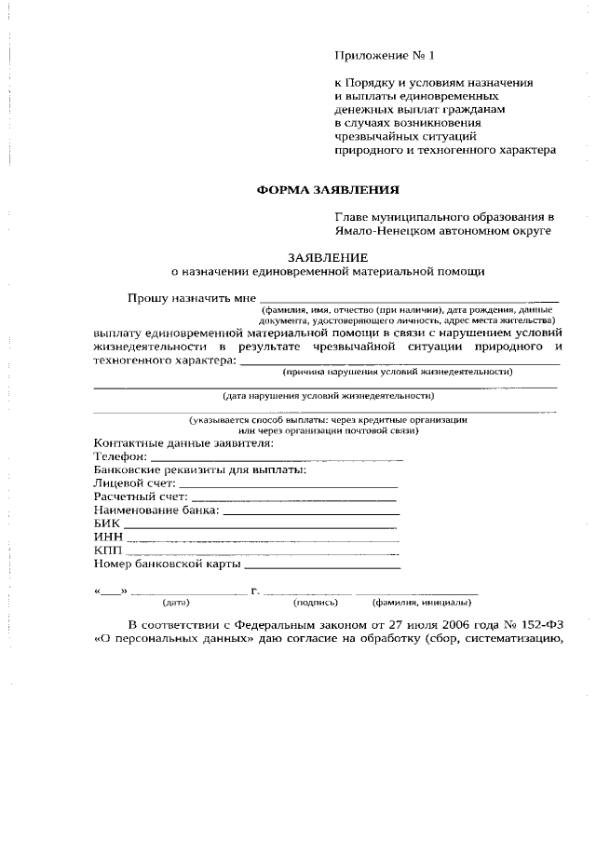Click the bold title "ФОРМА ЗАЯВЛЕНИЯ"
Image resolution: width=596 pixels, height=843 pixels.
(328, 190)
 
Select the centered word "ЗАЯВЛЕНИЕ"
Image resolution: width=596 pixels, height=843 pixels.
(327, 257)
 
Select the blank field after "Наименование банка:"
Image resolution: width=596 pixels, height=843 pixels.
(311, 510)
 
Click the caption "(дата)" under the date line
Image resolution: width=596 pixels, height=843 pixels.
(176, 602)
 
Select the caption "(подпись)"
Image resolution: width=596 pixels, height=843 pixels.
(303, 602)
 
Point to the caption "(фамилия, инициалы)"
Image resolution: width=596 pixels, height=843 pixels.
(420, 602)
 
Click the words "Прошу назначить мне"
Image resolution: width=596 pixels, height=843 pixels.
(191, 298)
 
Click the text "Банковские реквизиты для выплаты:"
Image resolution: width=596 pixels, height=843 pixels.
(199, 470)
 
